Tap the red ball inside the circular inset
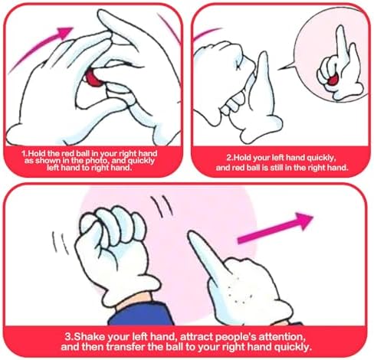click(333, 80)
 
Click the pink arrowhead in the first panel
click(65, 32)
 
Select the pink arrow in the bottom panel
click(275, 227)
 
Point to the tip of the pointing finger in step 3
click(190, 234)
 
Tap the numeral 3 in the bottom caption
click(67, 336)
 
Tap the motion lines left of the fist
click(60, 242)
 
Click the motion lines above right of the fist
click(162, 206)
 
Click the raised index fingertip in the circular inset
click(340, 28)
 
